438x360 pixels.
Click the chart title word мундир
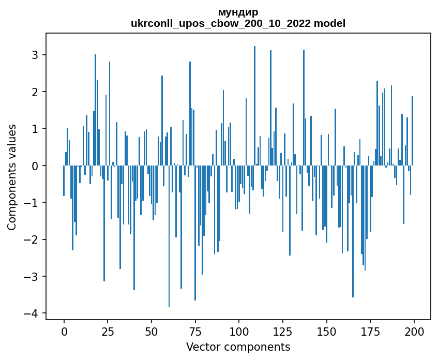coord(238,12)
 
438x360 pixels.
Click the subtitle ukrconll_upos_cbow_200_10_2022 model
coord(238,23)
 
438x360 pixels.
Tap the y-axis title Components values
coord(11,177)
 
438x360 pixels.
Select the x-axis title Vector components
coord(238,347)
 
